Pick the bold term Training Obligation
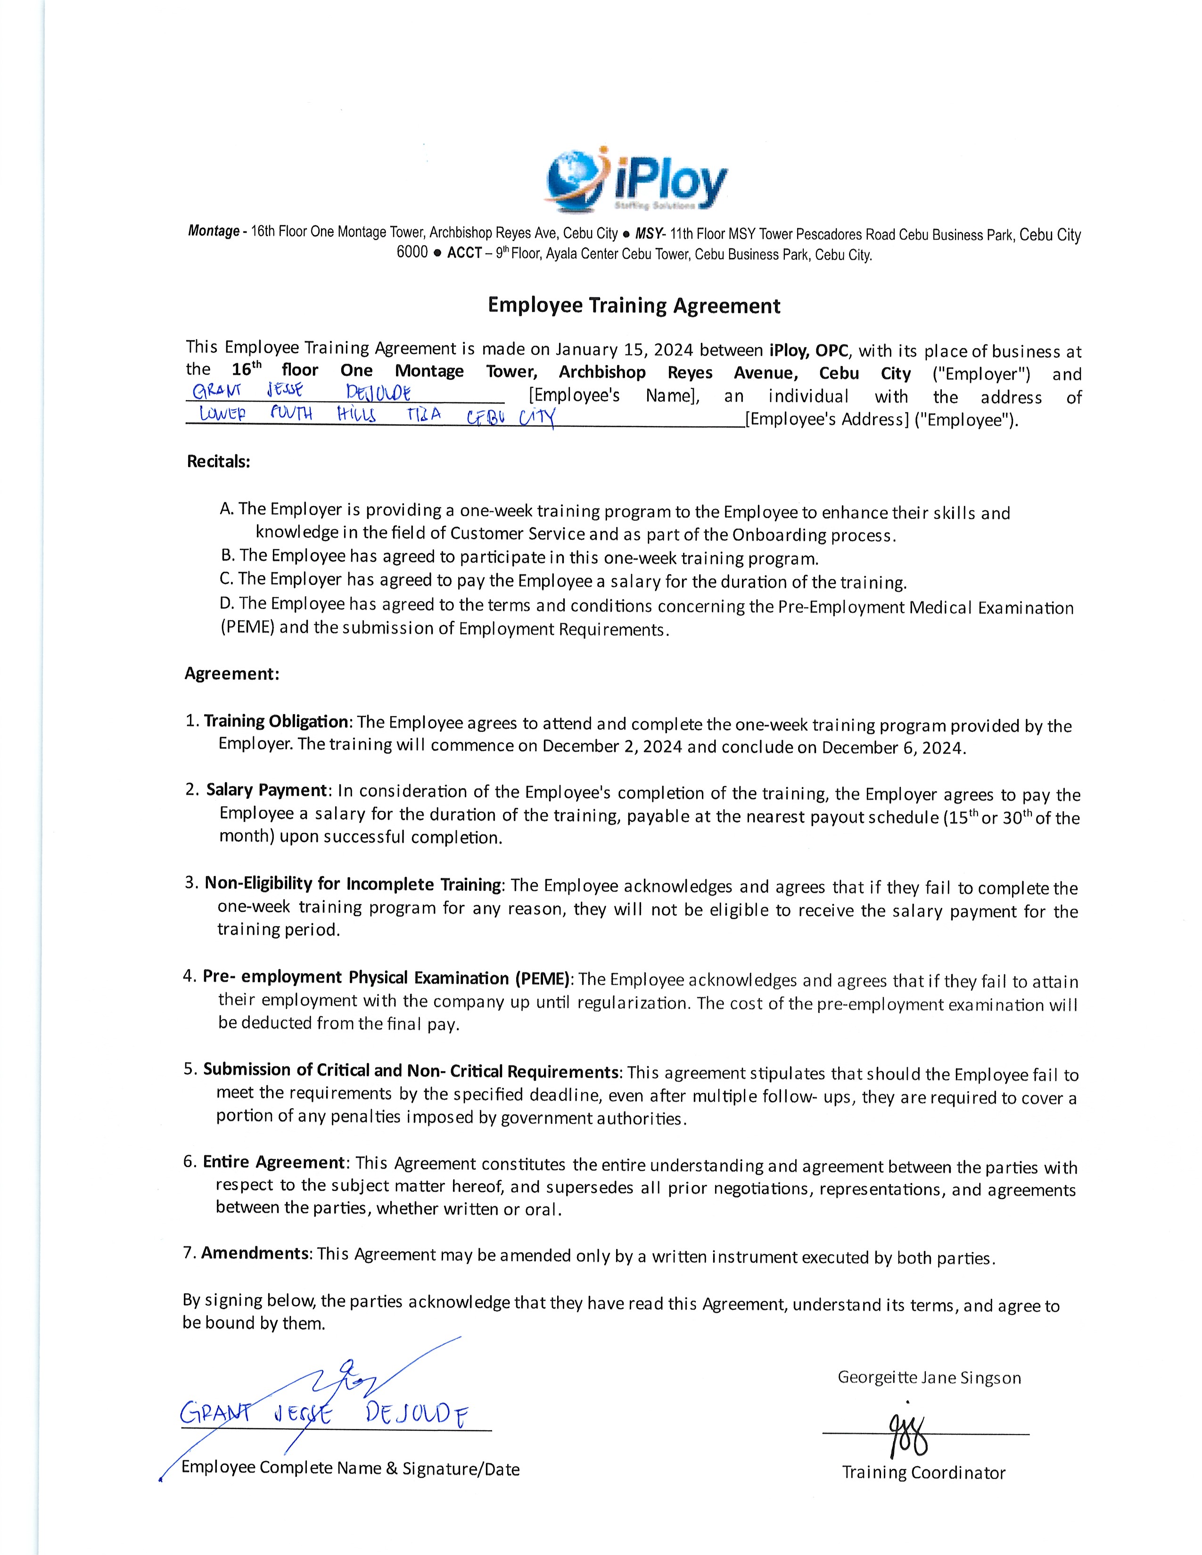[276, 721]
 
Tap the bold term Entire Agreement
[273, 1162]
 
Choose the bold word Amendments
[255, 1253]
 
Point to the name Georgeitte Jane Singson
[929, 1378]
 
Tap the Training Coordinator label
[923, 1473]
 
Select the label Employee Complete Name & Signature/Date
[350, 1468]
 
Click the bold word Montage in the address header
[214, 231]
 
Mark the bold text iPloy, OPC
[809, 350]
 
